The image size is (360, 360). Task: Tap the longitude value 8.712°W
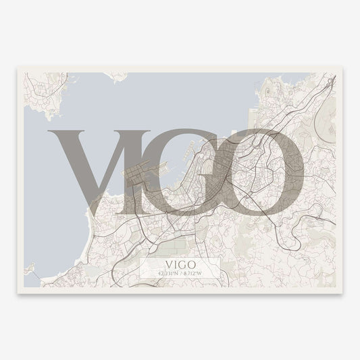click(x=195, y=272)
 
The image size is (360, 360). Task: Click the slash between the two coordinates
click(x=180, y=272)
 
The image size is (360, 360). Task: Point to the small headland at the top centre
click(x=120, y=76)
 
